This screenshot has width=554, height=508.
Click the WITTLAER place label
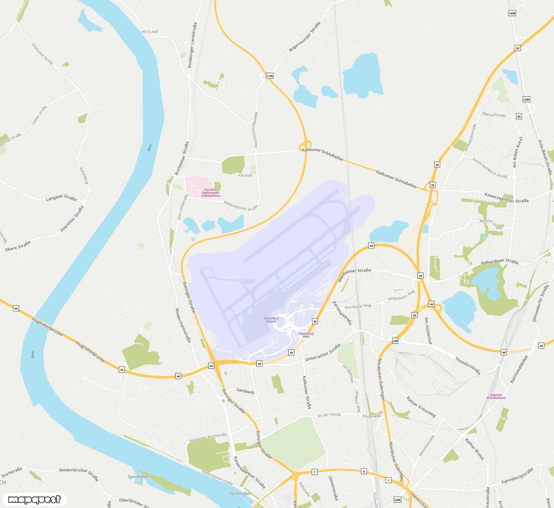click(150, 32)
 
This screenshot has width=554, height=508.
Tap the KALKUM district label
click(245, 176)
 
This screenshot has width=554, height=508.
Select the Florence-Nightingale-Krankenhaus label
click(211, 192)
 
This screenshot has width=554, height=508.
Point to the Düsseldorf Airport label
click(271, 320)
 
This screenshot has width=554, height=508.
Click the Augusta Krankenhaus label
click(496, 396)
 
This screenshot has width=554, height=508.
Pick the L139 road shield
click(270, 76)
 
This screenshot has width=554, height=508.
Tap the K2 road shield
click(519, 116)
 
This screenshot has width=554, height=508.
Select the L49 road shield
click(395, 341)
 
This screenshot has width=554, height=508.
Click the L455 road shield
click(397, 500)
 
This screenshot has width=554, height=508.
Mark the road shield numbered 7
click(314, 472)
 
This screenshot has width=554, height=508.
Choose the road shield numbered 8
click(364, 471)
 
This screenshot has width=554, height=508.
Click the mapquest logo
click(34, 500)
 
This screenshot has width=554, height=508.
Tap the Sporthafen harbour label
click(138, 477)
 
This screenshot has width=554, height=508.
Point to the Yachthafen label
click(240, 494)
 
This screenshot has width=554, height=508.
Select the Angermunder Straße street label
click(305, 36)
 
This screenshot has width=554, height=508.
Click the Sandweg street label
click(245, 391)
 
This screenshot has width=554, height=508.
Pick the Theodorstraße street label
click(468, 366)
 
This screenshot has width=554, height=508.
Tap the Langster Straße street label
click(61, 198)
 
